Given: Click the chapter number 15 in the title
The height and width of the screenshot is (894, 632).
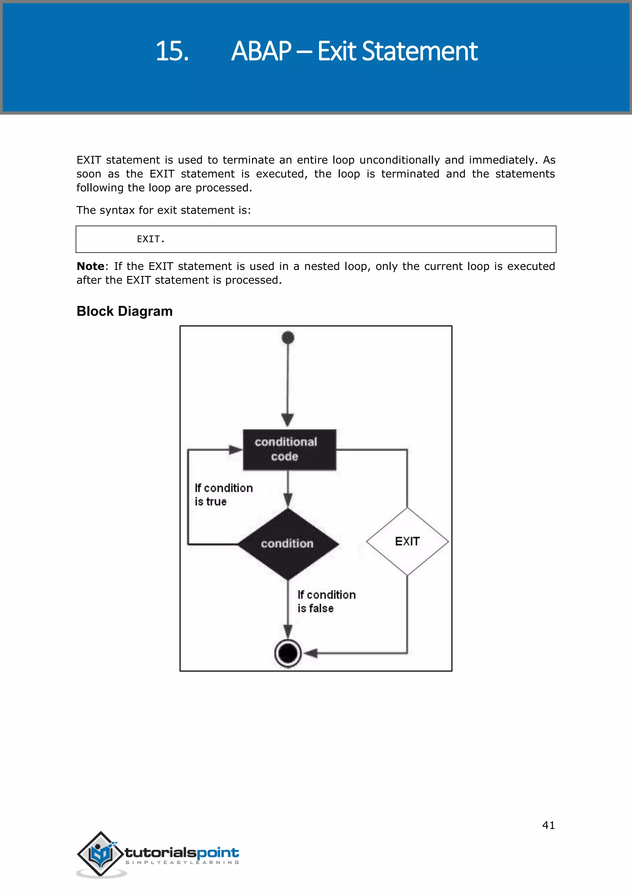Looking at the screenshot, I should click(x=172, y=51).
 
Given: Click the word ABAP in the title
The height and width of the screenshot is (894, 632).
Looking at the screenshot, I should click(x=261, y=51).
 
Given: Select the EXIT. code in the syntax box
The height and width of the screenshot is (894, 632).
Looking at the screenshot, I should click(x=151, y=239).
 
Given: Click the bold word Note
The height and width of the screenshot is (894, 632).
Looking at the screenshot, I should click(x=90, y=266).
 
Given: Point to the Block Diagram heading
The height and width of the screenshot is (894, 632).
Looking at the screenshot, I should click(x=125, y=311).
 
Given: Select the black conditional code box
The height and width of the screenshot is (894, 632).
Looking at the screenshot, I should click(x=289, y=450).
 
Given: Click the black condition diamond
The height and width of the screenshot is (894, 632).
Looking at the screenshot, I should click(x=288, y=544).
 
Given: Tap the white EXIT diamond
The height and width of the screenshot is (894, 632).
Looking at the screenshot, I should click(x=407, y=541).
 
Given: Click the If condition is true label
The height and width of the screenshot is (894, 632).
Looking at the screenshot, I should click(x=223, y=495).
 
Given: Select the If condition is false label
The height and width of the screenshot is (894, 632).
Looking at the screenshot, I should click(x=326, y=601).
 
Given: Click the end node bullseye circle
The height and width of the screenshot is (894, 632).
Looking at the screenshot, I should click(x=288, y=654).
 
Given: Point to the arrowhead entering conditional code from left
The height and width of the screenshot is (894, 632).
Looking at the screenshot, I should click(x=235, y=450).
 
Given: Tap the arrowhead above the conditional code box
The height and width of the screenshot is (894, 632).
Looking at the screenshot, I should click(x=288, y=420).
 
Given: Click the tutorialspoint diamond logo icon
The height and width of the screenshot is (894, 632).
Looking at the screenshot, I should click(x=101, y=854).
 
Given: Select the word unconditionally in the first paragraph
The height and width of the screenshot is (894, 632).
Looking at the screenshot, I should click(x=399, y=160).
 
